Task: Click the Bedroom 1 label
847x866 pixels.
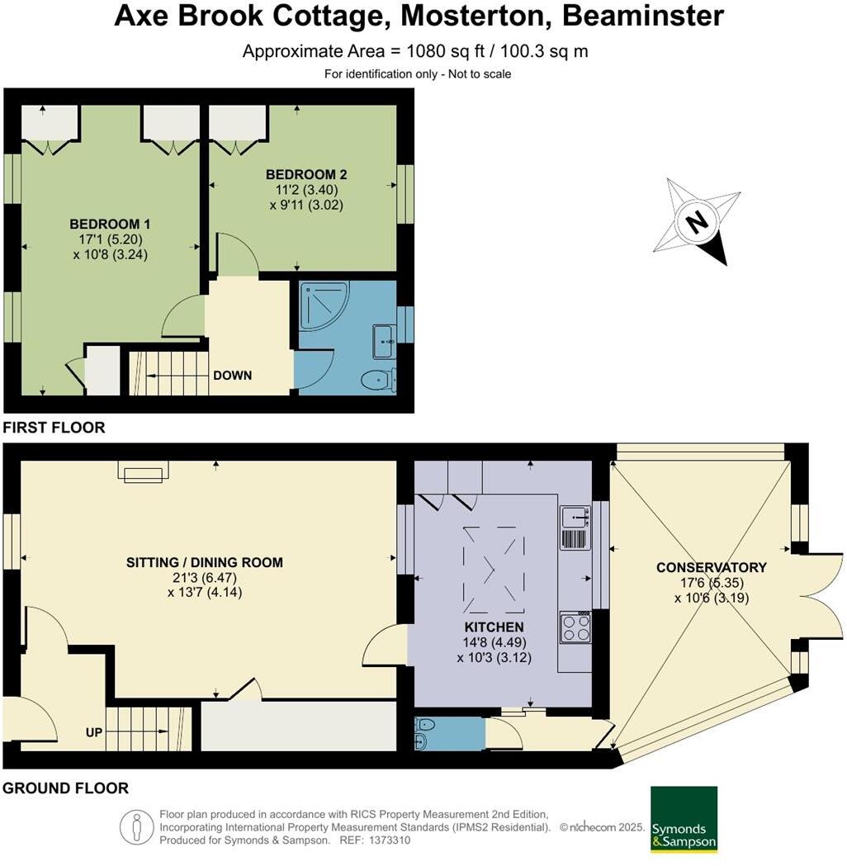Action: point(109,224)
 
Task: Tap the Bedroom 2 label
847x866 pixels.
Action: point(305,174)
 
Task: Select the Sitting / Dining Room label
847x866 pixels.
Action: point(204,563)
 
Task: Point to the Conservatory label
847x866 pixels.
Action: point(711,567)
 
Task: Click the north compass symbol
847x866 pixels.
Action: point(698,221)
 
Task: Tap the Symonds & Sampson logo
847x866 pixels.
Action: point(684,819)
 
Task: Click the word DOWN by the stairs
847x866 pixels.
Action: point(232,375)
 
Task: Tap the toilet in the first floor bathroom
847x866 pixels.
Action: point(378,381)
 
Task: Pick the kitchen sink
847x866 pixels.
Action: point(574,518)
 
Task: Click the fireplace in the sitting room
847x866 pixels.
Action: point(144,471)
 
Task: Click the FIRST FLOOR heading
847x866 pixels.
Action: point(54,428)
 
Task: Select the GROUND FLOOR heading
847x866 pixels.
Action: point(65,788)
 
